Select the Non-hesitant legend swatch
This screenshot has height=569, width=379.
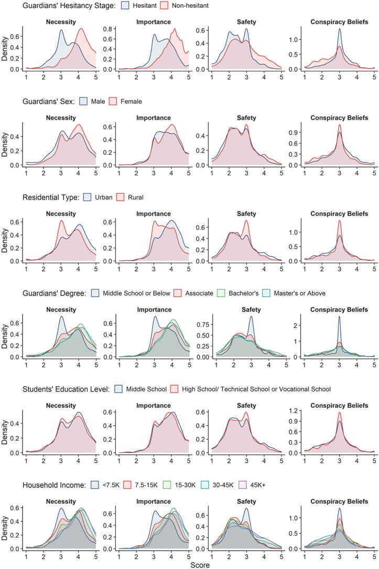(163, 6)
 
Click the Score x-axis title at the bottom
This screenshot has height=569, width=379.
(201, 564)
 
